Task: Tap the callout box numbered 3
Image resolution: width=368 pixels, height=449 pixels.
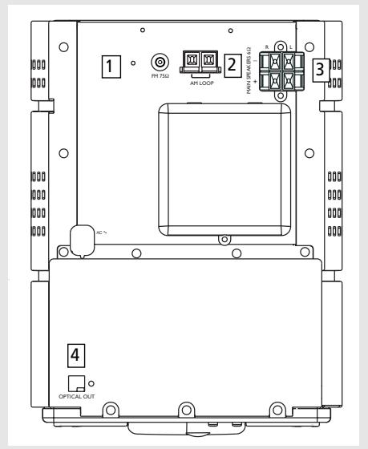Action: pyautogui.click(x=320, y=69)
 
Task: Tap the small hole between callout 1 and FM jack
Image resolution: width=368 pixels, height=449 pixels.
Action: pyautogui.click(x=133, y=62)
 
